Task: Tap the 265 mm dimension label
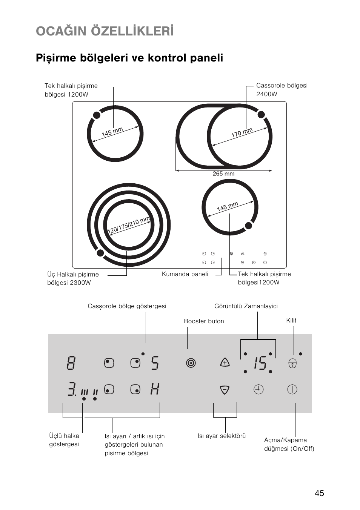click(x=223, y=174)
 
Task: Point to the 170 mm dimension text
click(x=242, y=133)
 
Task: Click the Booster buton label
click(x=204, y=321)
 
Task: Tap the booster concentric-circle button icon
click(x=191, y=363)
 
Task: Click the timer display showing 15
click(x=259, y=363)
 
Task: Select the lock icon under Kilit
click(x=292, y=364)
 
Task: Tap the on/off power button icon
click(x=292, y=390)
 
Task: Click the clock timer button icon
click(x=258, y=389)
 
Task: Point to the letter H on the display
click(x=155, y=389)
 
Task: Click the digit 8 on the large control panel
click(x=71, y=363)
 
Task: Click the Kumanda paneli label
click(x=185, y=274)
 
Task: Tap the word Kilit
click(x=291, y=320)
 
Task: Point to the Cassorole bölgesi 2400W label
click(x=282, y=90)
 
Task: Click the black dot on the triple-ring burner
click(x=100, y=253)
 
